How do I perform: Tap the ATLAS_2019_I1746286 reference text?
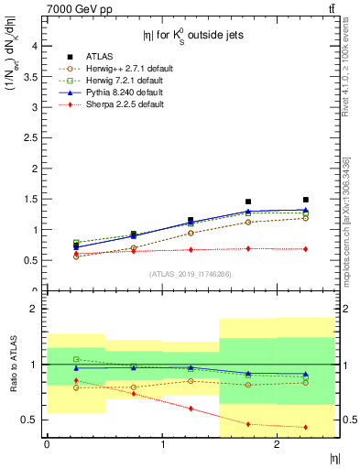click(191, 273)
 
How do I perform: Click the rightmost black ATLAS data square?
click(306, 200)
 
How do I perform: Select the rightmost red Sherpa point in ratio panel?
click(306, 427)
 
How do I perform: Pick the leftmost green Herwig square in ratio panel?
click(76, 359)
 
